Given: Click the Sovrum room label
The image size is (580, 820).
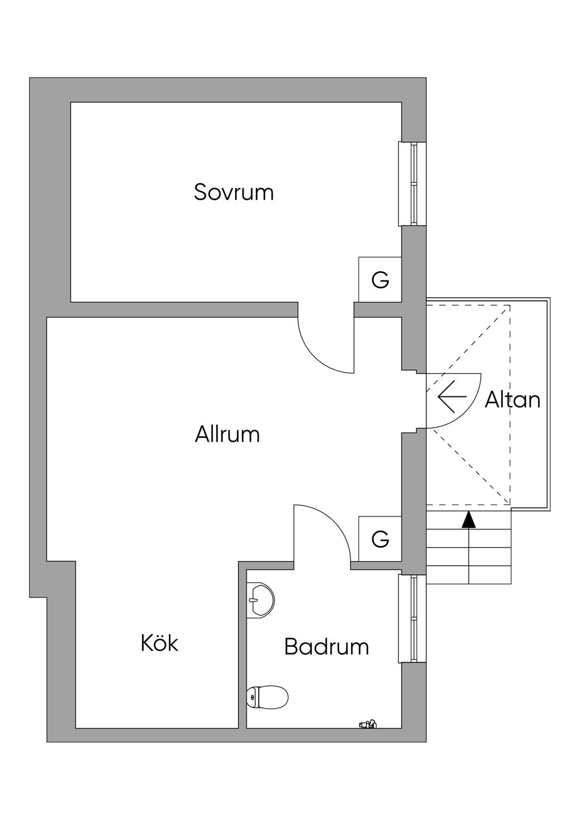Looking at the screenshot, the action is click(233, 192).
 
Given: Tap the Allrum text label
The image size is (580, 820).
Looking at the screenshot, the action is click(227, 434).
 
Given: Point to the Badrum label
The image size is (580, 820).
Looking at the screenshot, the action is click(326, 646).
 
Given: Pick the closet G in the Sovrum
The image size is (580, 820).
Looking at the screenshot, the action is click(380, 280).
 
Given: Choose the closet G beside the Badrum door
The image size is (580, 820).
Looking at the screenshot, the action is click(380, 539).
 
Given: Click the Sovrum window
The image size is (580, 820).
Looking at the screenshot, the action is click(413, 183).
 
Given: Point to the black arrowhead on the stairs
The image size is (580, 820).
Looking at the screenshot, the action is click(468, 520).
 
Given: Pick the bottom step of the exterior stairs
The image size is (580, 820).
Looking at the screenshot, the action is click(468, 574).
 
